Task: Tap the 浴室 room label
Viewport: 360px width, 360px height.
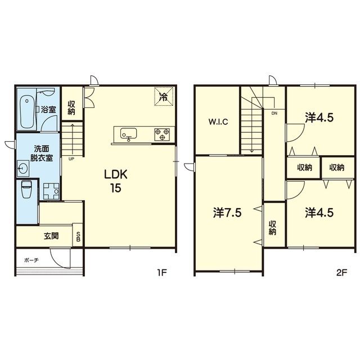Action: click(48, 110)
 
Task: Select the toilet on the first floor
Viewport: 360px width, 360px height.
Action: click(26, 190)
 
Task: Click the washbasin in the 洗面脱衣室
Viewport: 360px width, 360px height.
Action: click(23, 168)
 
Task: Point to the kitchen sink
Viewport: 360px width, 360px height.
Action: click(129, 134)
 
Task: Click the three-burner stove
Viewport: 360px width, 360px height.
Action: click(162, 134)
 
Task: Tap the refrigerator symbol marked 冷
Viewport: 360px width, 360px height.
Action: click(164, 96)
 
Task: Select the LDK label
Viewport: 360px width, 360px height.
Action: click(116, 175)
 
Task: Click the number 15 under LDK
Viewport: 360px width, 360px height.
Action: click(115, 188)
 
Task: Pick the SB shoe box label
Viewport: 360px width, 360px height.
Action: click(78, 237)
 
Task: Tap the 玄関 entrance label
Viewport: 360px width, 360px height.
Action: click(51, 236)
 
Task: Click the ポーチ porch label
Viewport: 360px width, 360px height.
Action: click(31, 260)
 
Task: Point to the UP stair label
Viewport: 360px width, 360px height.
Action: click(71, 159)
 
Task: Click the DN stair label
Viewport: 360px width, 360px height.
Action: click(274, 113)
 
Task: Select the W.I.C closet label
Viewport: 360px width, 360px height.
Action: click(218, 121)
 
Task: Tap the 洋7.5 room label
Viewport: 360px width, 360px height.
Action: click(227, 213)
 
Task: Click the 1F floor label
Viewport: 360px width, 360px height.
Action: click(161, 272)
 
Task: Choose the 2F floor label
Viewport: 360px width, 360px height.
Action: click(342, 272)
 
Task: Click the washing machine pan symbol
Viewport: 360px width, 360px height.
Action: click(51, 191)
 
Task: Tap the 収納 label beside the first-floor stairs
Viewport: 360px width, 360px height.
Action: click(71, 107)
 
